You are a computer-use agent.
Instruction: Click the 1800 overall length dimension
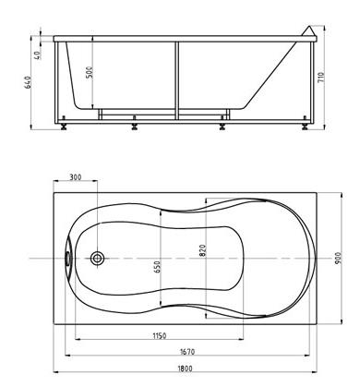[x=185, y=368]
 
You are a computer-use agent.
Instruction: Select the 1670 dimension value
[x=187, y=351]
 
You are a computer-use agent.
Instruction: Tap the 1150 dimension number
[x=160, y=335]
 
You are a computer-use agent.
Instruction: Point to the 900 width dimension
[x=338, y=259]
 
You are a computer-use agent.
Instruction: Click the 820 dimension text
[x=202, y=250]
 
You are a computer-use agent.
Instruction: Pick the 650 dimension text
[x=157, y=267]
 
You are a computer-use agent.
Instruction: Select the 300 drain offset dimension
[x=76, y=177]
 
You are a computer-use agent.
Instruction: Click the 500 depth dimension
[x=90, y=72]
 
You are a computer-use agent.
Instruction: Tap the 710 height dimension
[x=321, y=78]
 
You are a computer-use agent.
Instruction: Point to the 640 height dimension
[x=28, y=82]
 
